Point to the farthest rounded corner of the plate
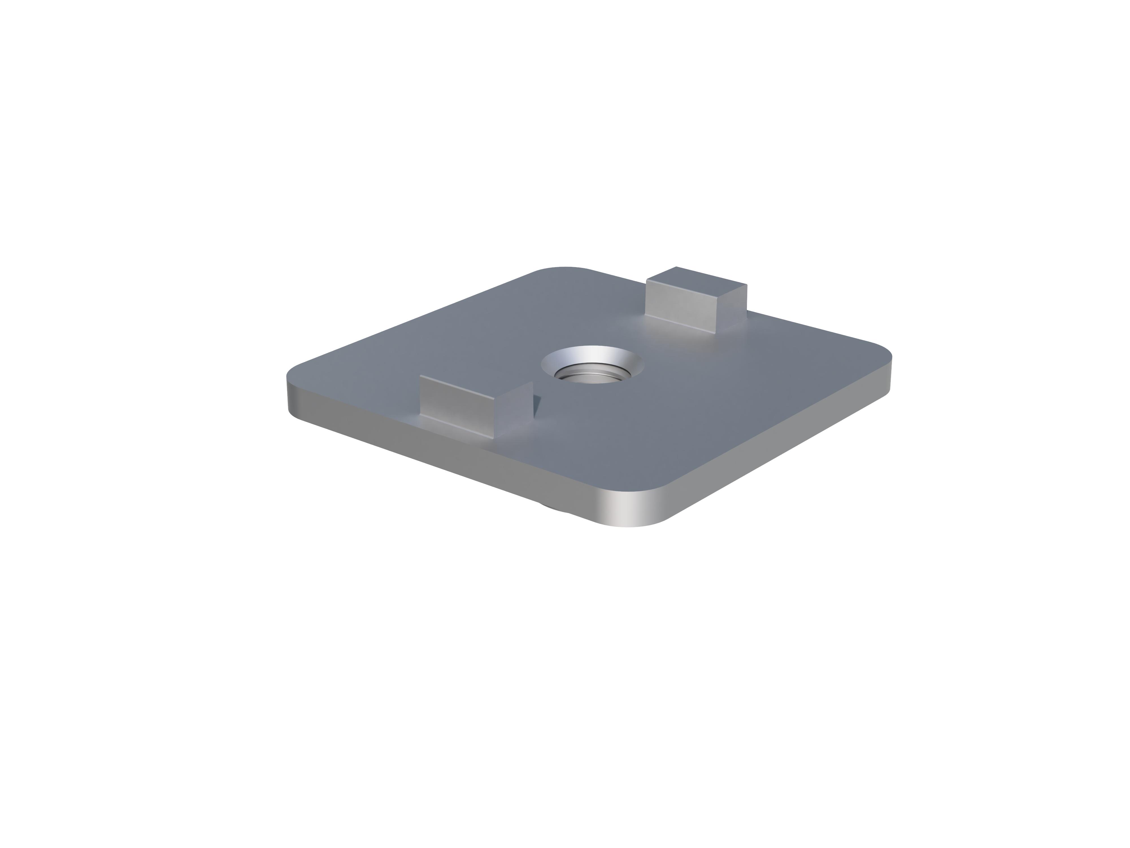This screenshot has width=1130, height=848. coord(562,268)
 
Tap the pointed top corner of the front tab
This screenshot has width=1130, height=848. coord(532,382)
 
